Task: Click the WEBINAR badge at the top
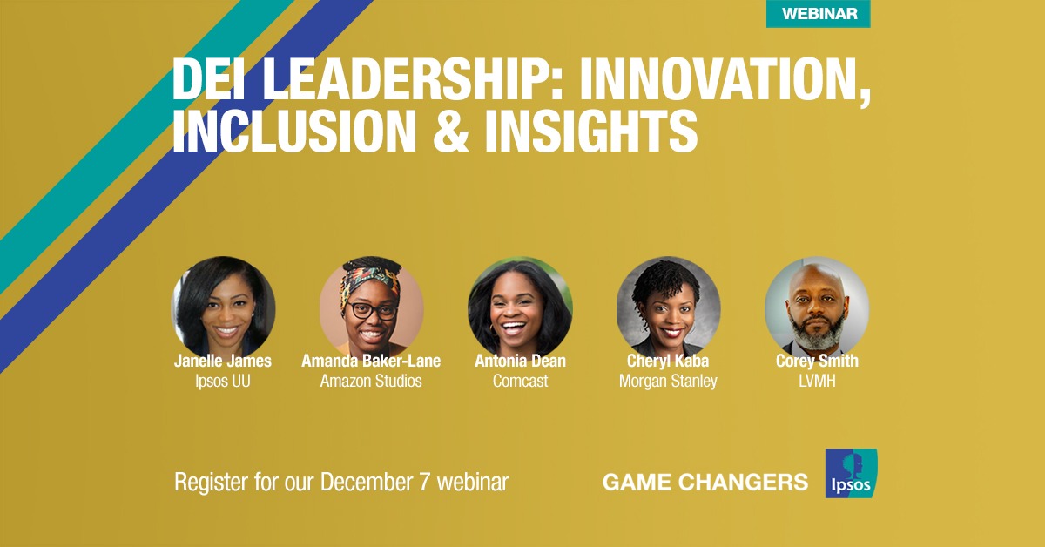819,14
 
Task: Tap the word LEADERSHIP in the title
403,78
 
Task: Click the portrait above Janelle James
224,308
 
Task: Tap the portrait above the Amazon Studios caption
371,308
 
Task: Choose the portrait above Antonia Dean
520,308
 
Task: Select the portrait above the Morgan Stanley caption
668,308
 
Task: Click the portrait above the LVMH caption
817,308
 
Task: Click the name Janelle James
223,361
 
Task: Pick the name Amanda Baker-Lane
371,361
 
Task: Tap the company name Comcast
520,381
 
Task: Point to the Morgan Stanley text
668,382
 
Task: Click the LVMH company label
817,381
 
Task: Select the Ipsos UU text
223,382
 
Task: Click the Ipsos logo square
851,473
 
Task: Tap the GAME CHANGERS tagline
705,483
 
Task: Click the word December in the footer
369,483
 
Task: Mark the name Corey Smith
817,361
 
